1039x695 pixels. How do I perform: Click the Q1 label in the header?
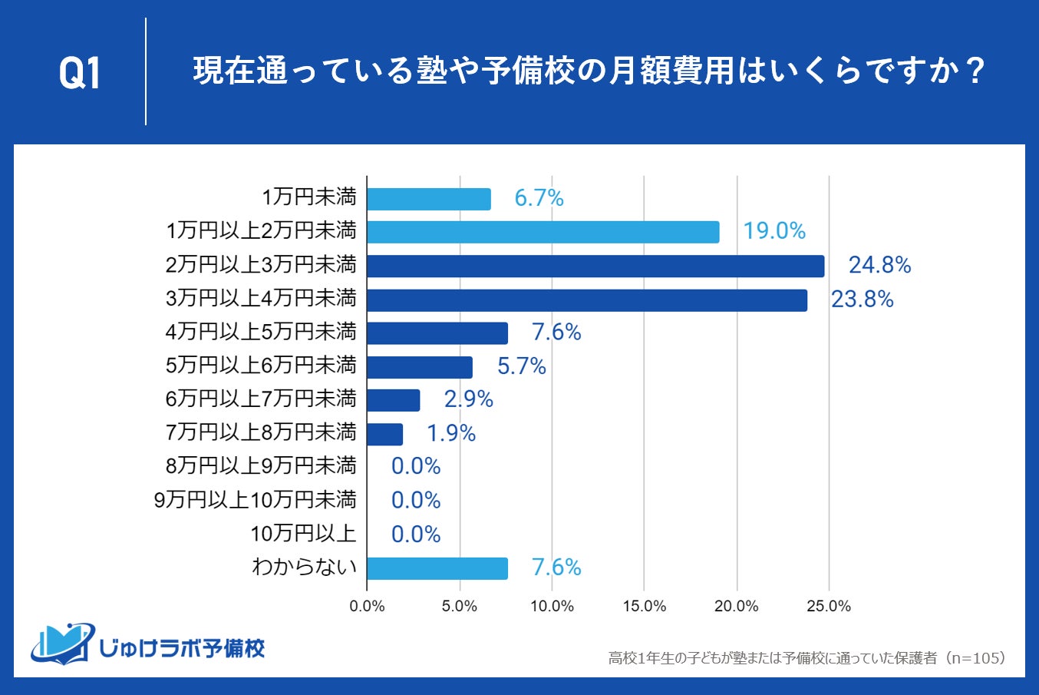[x=80, y=74]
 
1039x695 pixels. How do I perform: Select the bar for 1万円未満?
[x=428, y=199]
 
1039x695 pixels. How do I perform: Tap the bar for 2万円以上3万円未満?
[x=595, y=266]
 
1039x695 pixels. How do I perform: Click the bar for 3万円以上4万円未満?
[x=586, y=300]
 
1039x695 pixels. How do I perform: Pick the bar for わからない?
[x=437, y=568]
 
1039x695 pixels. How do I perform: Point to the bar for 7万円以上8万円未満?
[x=384, y=434]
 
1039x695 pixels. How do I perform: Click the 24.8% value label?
[x=879, y=266]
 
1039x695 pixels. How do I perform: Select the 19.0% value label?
[x=773, y=231]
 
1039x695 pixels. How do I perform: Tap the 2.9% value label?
[x=468, y=399]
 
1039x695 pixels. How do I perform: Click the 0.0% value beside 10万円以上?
[x=416, y=534]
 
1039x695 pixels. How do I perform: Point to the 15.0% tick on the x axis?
[x=644, y=606]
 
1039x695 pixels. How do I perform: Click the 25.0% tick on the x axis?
[x=829, y=606]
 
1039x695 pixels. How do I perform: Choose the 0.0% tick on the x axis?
[x=367, y=606]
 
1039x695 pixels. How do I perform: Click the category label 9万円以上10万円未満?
[x=256, y=500]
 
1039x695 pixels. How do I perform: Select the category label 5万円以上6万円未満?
[x=261, y=366]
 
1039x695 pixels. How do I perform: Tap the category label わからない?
[x=304, y=568]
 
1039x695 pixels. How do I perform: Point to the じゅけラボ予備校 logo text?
[x=181, y=648]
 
